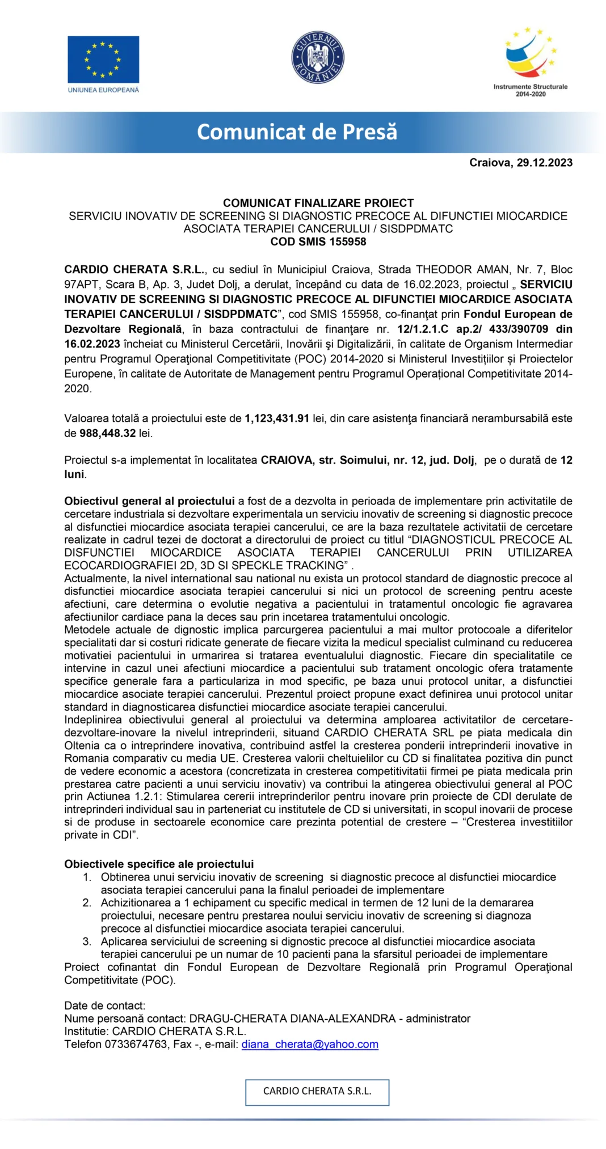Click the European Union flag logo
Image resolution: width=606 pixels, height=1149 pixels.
103,60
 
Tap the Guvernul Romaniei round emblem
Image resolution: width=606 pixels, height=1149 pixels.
318,57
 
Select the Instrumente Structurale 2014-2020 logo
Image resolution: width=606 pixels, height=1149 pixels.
531,61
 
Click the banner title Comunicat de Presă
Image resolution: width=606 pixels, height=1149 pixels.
297,132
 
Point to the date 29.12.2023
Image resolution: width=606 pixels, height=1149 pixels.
544,163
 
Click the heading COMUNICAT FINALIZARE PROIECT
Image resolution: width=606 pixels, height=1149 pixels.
318,203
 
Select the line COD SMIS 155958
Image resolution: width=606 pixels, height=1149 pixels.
318,241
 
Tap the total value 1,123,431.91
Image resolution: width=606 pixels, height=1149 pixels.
277,418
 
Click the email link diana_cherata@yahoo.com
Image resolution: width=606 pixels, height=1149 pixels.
310,1044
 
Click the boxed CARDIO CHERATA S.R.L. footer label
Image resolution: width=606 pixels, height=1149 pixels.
317,1091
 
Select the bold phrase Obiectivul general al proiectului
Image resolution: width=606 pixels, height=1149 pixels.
149,501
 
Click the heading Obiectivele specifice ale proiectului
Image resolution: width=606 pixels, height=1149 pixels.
159,864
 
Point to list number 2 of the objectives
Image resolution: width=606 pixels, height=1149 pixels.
87,902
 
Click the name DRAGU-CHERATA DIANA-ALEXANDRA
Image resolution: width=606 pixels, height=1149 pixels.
292,1018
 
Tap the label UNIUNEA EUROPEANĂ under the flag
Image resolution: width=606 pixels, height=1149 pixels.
103,90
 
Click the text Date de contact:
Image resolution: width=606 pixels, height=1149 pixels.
105,1006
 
